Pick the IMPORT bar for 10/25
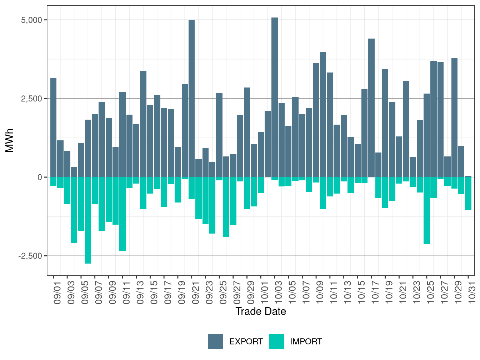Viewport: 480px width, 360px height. click(427, 210)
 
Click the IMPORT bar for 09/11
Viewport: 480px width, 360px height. click(122, 214)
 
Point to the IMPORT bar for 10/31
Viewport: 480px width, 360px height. click(468, 193)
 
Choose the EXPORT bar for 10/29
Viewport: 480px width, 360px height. click(454, 117)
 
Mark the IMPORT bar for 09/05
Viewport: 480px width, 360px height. click(81, 204)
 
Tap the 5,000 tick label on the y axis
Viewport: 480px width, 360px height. click(32, 20)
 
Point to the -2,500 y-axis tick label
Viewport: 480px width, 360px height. click(30, 256)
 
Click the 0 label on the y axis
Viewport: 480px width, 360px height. click(40, 177)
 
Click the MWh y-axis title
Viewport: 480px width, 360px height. click(10, 140)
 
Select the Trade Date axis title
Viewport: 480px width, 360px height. click(261, 311)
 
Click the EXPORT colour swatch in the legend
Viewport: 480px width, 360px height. click(216, 341)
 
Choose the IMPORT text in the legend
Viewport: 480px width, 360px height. click(306, 342)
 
